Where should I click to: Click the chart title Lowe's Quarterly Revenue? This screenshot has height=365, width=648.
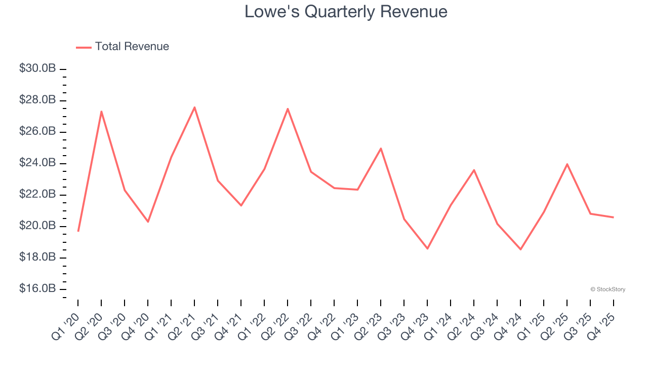click(346, 12)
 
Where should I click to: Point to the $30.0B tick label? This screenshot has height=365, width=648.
click(37, 68)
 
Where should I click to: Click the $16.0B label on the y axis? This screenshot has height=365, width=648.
click(37, 288)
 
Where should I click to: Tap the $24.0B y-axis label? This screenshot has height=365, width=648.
click(37, 163)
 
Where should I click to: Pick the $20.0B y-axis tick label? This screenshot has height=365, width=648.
click(37, 226)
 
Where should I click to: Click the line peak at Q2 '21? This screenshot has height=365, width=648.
click(194, 107)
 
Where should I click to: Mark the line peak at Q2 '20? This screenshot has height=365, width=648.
click(101, 112)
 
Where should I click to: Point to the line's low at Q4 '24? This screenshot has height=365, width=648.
click(520, 249)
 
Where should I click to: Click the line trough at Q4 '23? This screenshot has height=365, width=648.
click(427, 248)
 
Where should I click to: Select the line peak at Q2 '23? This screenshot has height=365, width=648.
click(381, 149)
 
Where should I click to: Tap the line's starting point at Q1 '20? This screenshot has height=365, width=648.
click(78, 231)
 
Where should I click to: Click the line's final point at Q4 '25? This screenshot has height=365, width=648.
click(614, 217)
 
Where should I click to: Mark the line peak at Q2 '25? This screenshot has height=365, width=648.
click(567, 164)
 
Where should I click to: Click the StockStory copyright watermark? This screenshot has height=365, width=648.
click(607, 289)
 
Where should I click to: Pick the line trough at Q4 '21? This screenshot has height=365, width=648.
click(241, 205)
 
